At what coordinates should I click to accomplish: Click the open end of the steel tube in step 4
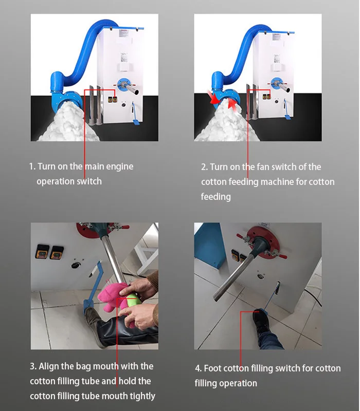[217, 296]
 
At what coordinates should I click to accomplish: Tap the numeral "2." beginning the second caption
[204, 167]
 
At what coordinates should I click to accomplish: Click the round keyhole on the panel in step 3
[75, 265]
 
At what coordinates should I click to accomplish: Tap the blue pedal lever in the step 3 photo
[92, 288]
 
